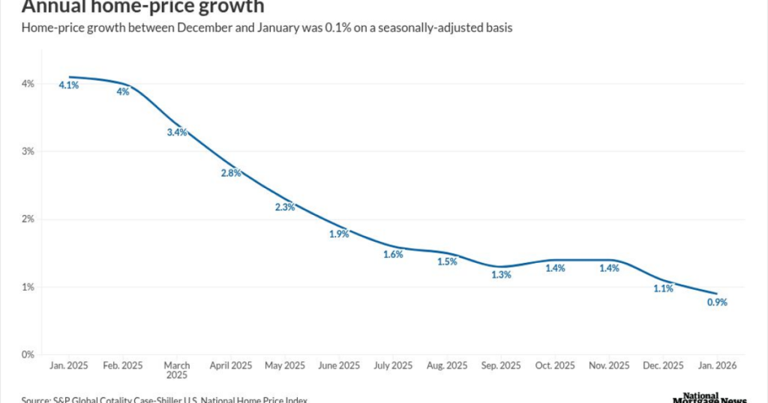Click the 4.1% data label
click(69, 85)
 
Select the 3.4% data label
click(177, 133)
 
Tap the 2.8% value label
click(231, 173)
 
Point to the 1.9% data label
click(339, 234)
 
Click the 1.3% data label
click(501, 275)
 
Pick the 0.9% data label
click(717, 303)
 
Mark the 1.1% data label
click(663, 289)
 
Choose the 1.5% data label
click(447, 261)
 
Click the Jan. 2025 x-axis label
click(69, 366)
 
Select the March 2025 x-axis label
click(177, 370)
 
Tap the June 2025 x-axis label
click(339, 366)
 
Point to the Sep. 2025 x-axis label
click(501, 366)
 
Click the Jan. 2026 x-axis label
click(717, 366)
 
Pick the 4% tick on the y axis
click(28, 84)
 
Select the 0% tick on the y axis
click(28, 354)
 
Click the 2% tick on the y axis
click(28, 219)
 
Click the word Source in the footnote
click(36, 400)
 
